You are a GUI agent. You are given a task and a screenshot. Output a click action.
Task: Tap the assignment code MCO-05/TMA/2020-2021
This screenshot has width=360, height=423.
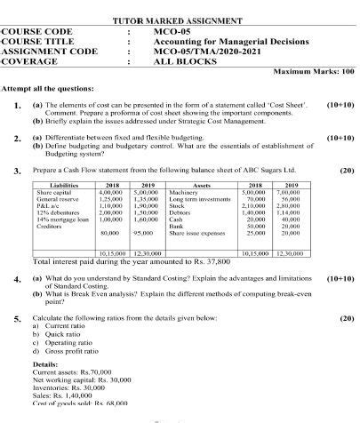205,50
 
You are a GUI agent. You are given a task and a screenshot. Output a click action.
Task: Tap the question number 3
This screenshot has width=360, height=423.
17,170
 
